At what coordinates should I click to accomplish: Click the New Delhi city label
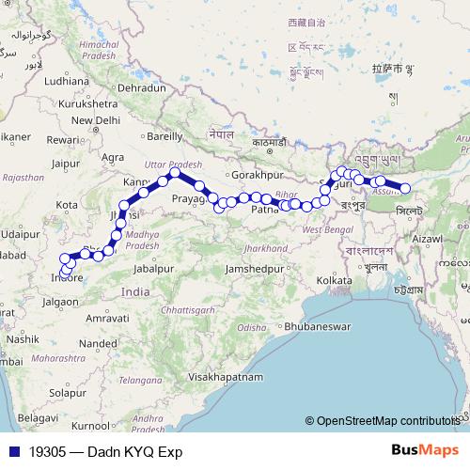[95, 119]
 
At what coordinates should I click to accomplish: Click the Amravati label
[106, 320]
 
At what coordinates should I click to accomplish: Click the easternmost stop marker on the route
[406, 188]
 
